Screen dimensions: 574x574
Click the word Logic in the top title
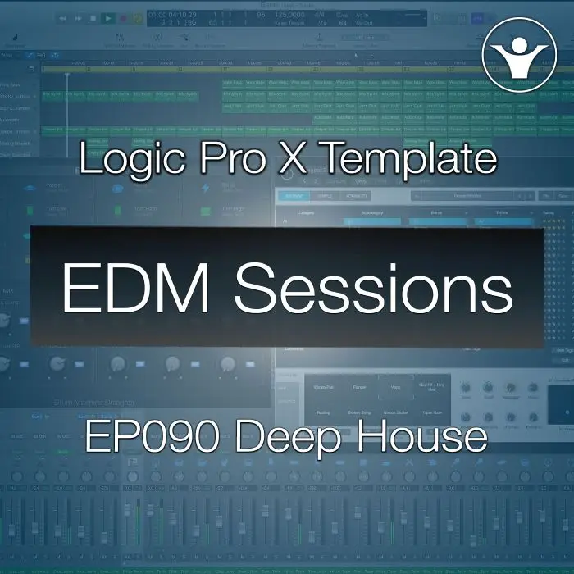pyautogui.click(x=130, y=158)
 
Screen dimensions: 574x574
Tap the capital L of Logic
pyautogui.click(x=89, y=158)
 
